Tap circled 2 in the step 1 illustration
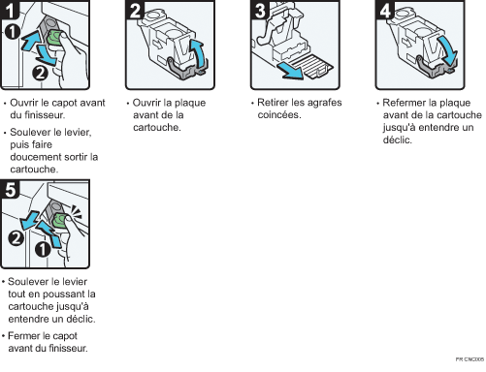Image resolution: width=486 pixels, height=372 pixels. point(39,73)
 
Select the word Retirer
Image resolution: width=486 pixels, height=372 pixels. point(274,103)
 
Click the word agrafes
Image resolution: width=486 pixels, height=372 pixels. point(325,103)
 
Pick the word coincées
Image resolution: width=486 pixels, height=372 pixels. point(278,115)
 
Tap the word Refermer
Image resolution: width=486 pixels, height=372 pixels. point(405,103)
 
